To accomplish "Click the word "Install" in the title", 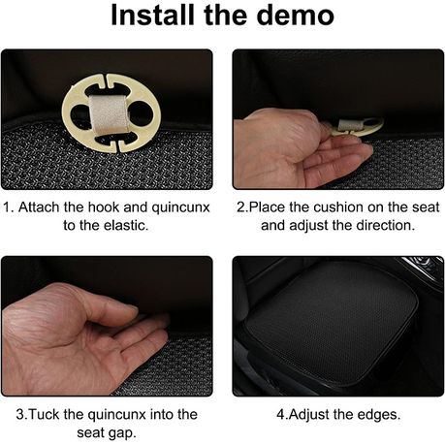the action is click(x=152, y=16).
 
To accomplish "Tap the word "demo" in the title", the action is click(x=296, y=16).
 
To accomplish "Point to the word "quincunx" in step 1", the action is click(x=180, y=208).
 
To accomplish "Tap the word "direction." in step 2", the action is click(x=385, y=225).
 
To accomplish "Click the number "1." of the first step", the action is click(x=9, y=207).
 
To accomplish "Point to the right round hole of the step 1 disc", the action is click(x=141, y=112).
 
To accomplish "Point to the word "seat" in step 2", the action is click(x=426, y=207).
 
